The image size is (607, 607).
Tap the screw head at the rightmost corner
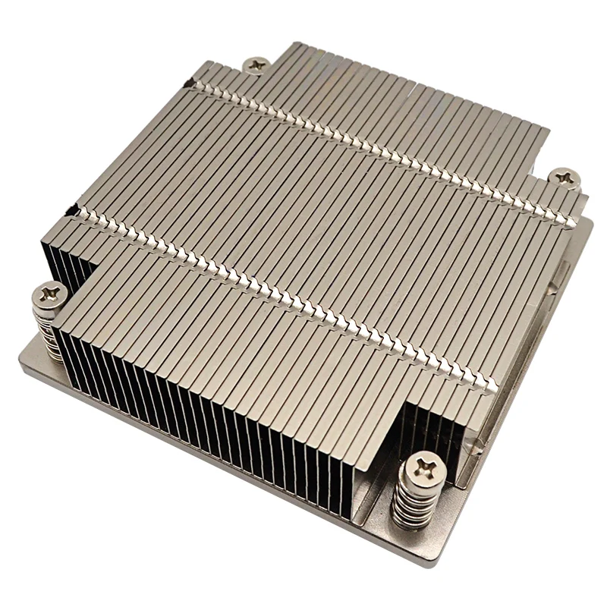tap(565, 178)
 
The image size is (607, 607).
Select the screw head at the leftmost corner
tap(50, 291)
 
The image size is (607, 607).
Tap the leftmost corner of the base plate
tap(23, 364)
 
